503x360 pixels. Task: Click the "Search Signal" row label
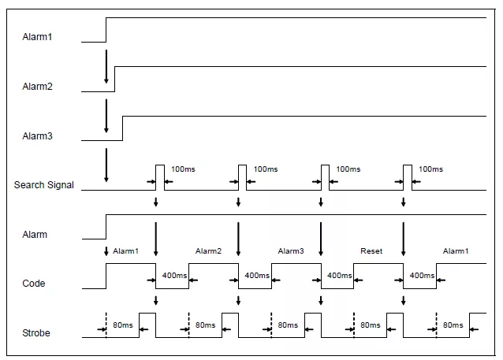click(44, 185)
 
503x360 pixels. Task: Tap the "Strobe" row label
click(35, 333)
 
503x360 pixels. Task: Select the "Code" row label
click(34, 283)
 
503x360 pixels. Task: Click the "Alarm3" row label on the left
click(38, 136)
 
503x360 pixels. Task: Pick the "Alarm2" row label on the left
click(38, 86)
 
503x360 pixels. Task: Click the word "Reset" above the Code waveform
click(371, 251)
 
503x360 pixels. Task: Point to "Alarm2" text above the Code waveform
click(208, 251)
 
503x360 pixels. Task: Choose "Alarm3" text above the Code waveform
click(291, 251)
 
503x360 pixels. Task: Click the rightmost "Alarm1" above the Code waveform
click(455, 251)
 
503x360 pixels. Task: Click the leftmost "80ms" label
click(122, 325)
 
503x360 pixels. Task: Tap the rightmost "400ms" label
click(422, 276)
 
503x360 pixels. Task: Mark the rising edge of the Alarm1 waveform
click(106, 30)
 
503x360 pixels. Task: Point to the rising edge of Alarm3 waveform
click(122, 128)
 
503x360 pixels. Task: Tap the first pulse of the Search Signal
click(160, 177)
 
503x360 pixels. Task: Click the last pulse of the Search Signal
click(408, 177)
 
